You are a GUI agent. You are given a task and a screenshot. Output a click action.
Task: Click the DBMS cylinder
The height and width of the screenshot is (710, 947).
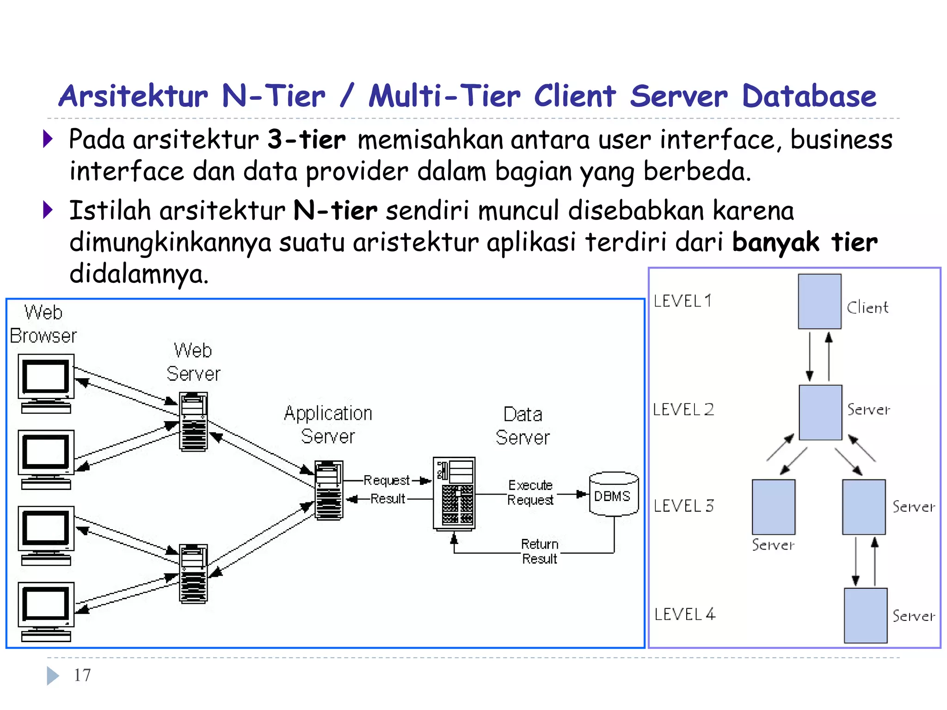pyautogui.click(x=614, y=494)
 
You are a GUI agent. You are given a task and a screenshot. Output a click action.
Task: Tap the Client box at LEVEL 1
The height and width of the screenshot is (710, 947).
pyautogui.click(x=819, y=301)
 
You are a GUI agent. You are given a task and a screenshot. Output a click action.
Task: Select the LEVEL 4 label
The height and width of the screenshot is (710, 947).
pyautogui.click(x=685, y=614)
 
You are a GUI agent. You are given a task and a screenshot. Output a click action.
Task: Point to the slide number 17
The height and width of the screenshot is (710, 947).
pyautogui.click(x=82, y=675)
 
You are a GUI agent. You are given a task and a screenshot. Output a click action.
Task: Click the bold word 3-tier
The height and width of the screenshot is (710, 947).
pyautogui.click(x=306, y=140)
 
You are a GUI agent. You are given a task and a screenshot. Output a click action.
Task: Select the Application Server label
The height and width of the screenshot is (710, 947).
pyautogui.click(x=328, y=424)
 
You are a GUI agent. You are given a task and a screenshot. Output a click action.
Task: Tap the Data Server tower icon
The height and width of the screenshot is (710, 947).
pyautogui.click(x=454, y=494)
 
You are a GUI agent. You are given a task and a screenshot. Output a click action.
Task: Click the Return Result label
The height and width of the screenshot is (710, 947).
pyautogui.click(x=539, y=551)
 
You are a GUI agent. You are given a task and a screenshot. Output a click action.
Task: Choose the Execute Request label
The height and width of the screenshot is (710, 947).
pyautogui.click(x=530, y=492)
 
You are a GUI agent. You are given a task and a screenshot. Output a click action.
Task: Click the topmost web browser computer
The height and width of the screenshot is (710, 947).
pyautogui.click(x=46, y=383)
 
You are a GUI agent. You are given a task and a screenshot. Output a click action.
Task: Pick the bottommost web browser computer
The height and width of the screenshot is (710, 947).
pyautogui.click(x=46, y=611)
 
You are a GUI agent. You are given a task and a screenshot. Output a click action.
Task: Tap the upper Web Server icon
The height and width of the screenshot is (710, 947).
pyautogui.click(x=193, y=421)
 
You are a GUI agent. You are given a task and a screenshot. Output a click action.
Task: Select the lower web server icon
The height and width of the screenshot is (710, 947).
pyautogui.click(x=193, y=574)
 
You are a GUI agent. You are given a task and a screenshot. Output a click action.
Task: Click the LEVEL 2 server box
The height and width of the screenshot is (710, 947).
pyautogui.click(x=820, y=412)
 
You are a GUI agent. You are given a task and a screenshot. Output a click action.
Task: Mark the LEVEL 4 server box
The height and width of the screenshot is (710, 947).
pyautogui.click(x=865, y=615)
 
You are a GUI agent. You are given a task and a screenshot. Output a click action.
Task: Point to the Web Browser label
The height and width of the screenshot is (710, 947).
pyautogui.click(x=43, y=324)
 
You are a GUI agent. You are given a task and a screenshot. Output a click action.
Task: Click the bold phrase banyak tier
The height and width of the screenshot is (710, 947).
pyautogui.click(x=805, y=242)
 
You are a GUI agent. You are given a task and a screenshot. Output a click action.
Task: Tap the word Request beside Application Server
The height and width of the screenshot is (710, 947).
pyautogui.click(x=386, y=480)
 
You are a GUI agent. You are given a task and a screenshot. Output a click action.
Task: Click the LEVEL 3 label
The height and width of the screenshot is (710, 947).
pyautogui.click(x=683, y=506)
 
